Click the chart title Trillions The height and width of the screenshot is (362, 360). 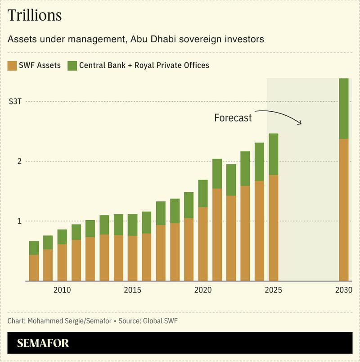[35, 16]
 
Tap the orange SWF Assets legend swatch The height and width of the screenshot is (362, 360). [12, 66]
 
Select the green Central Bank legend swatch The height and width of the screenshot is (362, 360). [72, 66]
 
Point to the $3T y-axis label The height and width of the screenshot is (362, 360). [15, 101]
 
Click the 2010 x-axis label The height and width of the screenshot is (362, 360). [62, 290]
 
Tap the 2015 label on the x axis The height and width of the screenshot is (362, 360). [133, 290]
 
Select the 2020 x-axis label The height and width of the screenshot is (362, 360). [203, 290]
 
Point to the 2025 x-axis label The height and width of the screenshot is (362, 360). [273, 290]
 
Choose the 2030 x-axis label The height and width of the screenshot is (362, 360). [343, 290]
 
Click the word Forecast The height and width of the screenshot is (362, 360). [233, 118]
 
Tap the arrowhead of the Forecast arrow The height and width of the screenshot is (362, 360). [301, 123]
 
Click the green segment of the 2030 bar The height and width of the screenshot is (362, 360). [344, 108]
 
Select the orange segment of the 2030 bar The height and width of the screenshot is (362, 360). [344, 209]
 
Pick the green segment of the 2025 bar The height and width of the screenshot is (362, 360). [273, 154]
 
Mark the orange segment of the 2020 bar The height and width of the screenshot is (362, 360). [203, 244]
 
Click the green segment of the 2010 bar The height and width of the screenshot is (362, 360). [62, 237]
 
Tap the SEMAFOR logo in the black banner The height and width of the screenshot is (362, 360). [43, 343]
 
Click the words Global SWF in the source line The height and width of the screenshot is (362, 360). [160, 321]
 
